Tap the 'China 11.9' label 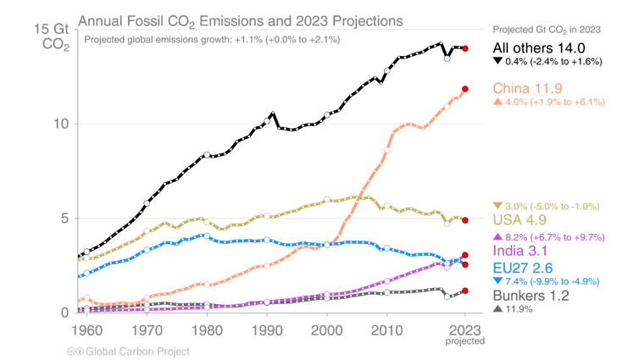pos(527,88)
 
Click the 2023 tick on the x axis pos(465,329)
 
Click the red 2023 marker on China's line pos(465,90)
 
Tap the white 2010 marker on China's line pos(387,149)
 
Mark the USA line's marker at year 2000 pos(327,199)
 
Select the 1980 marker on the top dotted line pos(207,155)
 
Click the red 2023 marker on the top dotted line pos(465,48)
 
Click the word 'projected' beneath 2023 pos(465,341)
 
